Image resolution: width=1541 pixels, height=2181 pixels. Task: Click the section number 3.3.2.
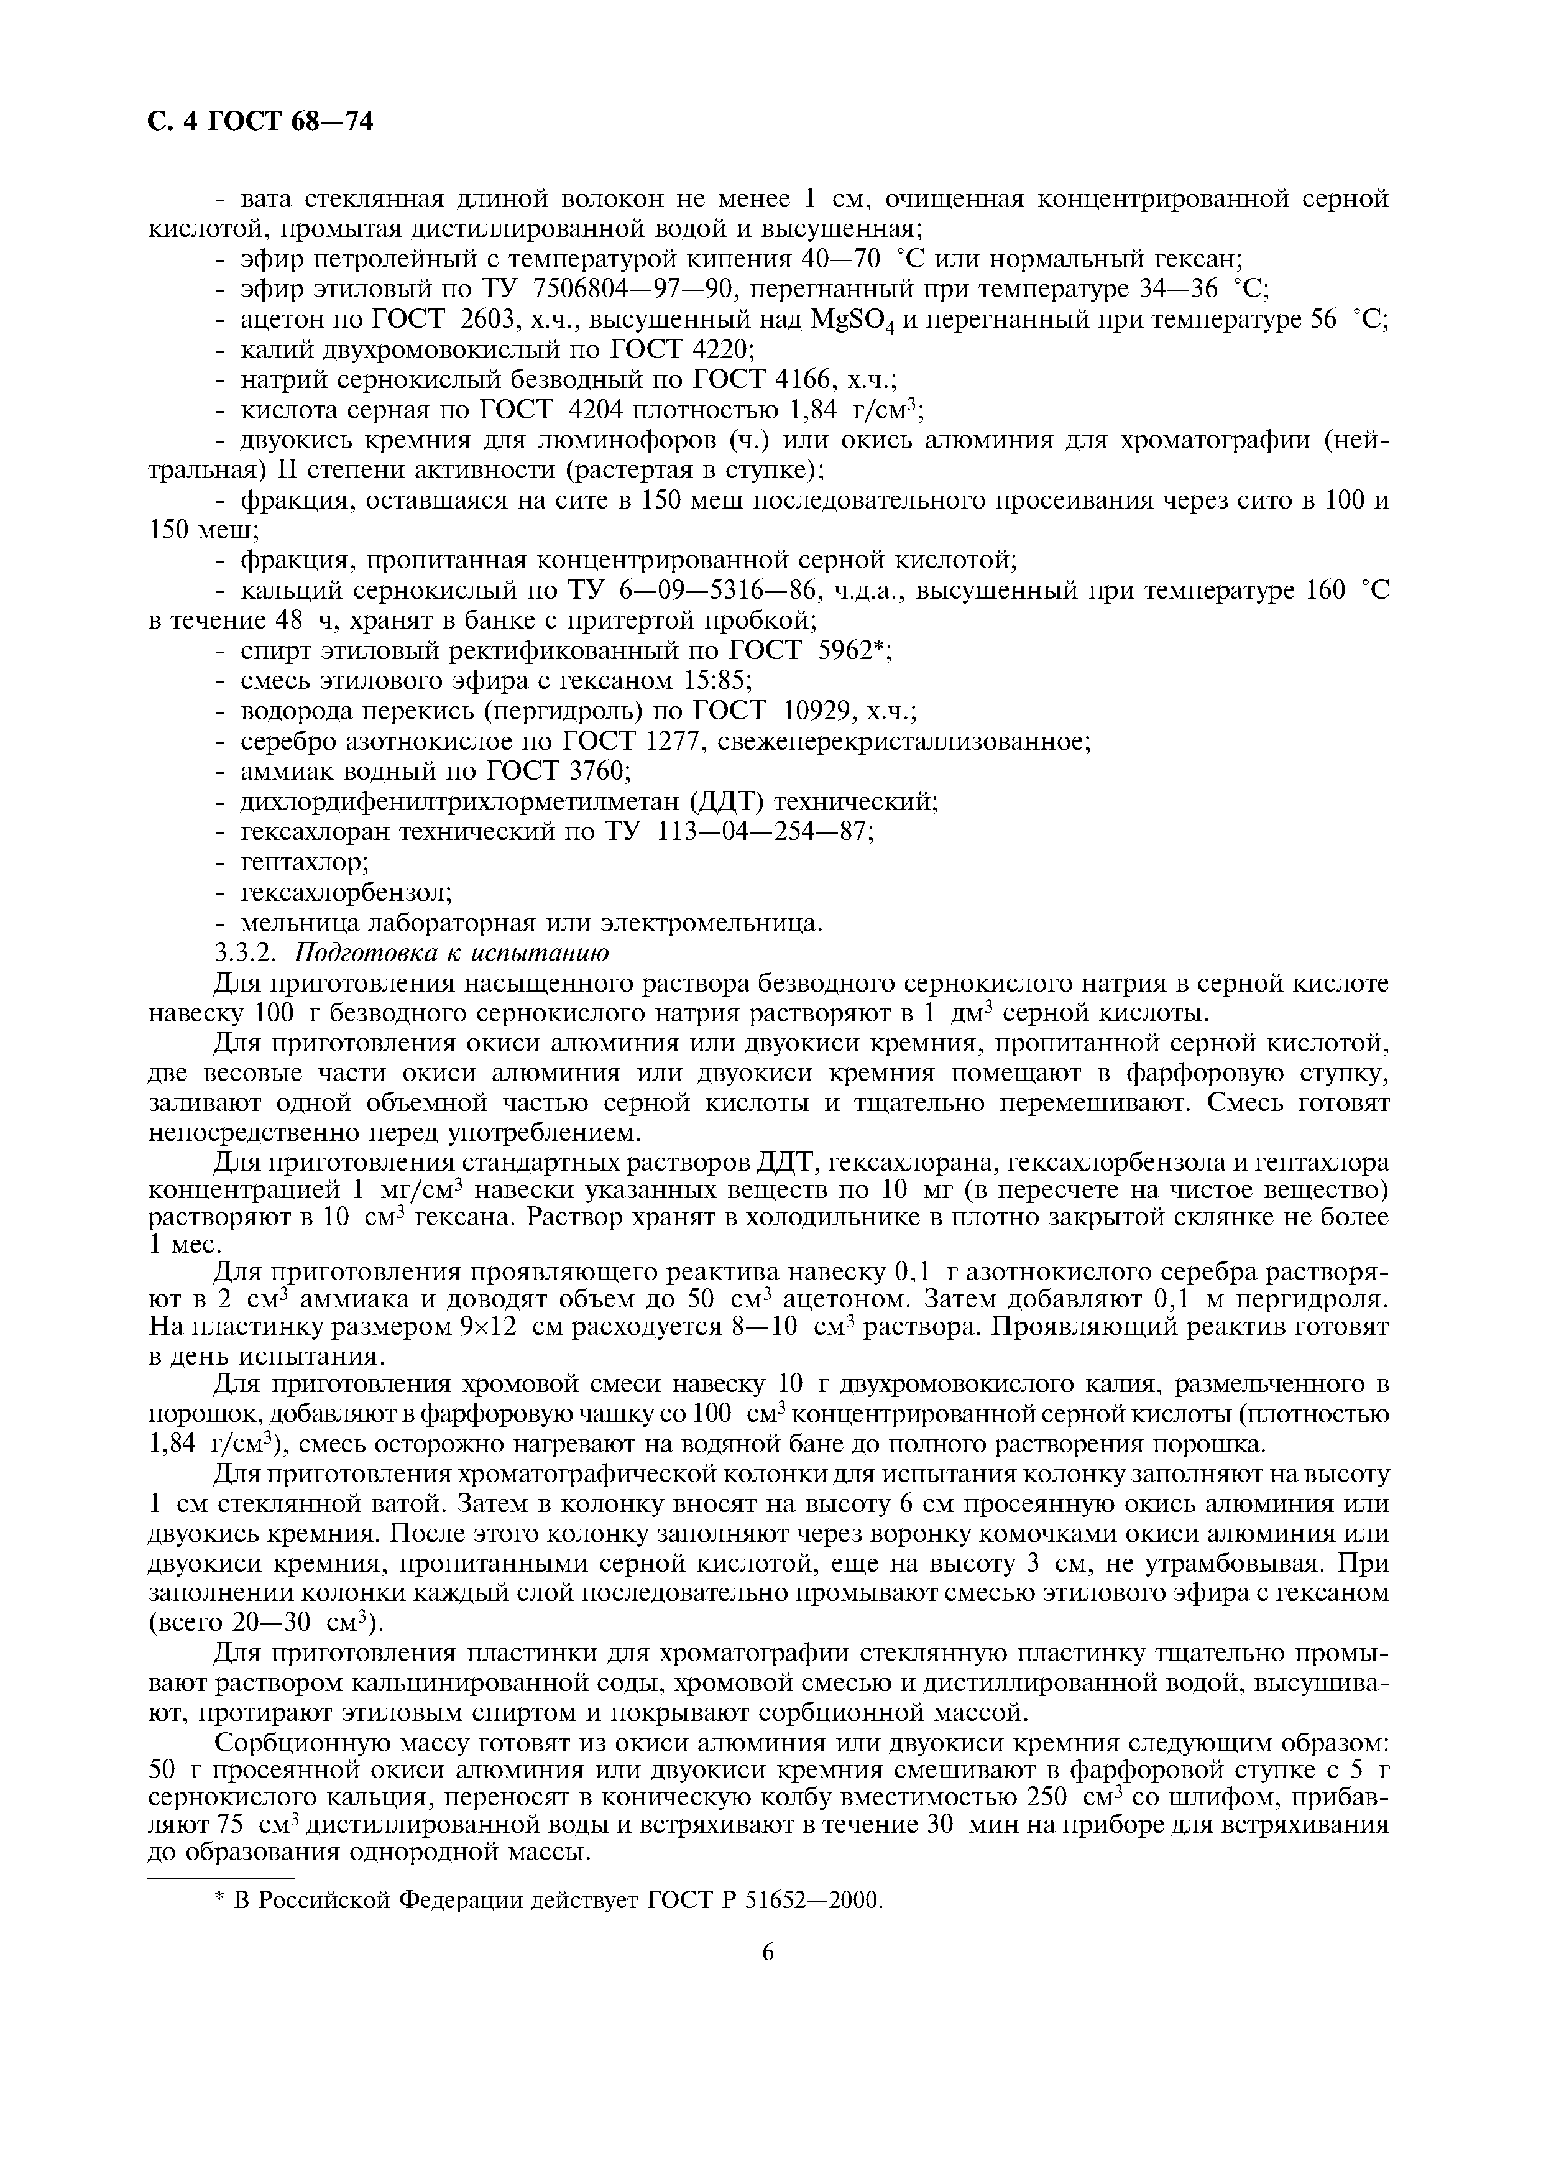click(249, 952)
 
